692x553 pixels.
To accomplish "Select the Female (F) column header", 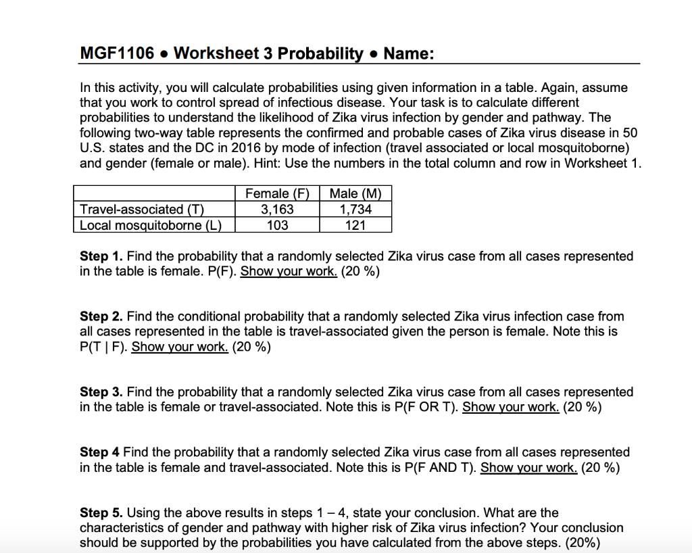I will [277, 193].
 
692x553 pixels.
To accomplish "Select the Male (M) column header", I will [355, 193].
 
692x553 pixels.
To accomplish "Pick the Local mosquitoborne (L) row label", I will [151, 225].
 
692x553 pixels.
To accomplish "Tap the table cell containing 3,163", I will [277, 210].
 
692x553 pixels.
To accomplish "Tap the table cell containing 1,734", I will [355, 210].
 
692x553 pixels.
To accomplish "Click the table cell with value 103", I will [277, 225].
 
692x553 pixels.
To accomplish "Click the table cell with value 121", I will [355, 225].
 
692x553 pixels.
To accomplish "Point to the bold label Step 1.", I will [101, 256].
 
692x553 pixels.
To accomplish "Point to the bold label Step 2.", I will [101, 316].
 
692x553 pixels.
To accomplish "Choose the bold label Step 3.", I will [101, 392].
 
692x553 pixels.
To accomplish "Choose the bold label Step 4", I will [100, 452].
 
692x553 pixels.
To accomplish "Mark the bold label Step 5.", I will [101, 512].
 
